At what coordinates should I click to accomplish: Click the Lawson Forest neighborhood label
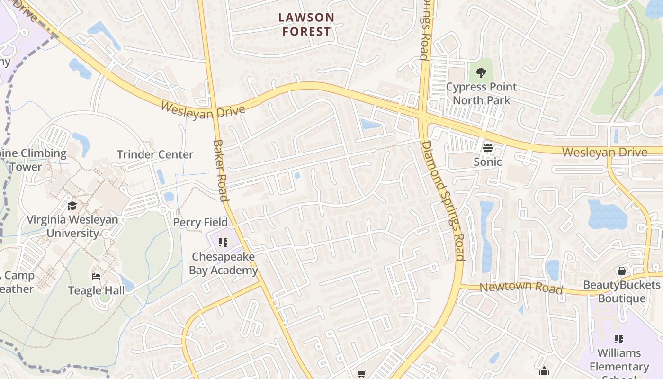coord(306,25)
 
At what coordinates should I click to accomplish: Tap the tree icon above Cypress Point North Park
coord(481,73)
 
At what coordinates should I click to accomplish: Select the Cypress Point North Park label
coord(481,93)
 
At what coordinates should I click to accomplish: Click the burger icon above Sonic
coord(488,148)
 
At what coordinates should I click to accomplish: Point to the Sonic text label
coord(488,162)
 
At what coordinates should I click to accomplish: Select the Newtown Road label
coord(521,287)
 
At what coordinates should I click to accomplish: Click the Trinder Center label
coord(155,154)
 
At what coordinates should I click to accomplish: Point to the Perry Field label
coord(200,222)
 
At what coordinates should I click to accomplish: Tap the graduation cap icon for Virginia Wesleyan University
coord(72,206)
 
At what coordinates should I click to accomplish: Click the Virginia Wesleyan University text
coord(72,226)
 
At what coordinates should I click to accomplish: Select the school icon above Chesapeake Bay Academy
coord(223,243)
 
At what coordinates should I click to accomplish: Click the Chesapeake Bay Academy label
coord(223,263)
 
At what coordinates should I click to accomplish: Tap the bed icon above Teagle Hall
coord(96,276)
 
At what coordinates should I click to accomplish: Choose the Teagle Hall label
coord(96,290)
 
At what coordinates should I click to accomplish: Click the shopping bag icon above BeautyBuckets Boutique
coord(622,271)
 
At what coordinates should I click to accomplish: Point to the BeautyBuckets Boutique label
coord(622,291)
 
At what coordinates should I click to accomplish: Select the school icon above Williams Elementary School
coord(618,339)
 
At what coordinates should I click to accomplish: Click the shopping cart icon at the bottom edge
coord(362,374)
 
